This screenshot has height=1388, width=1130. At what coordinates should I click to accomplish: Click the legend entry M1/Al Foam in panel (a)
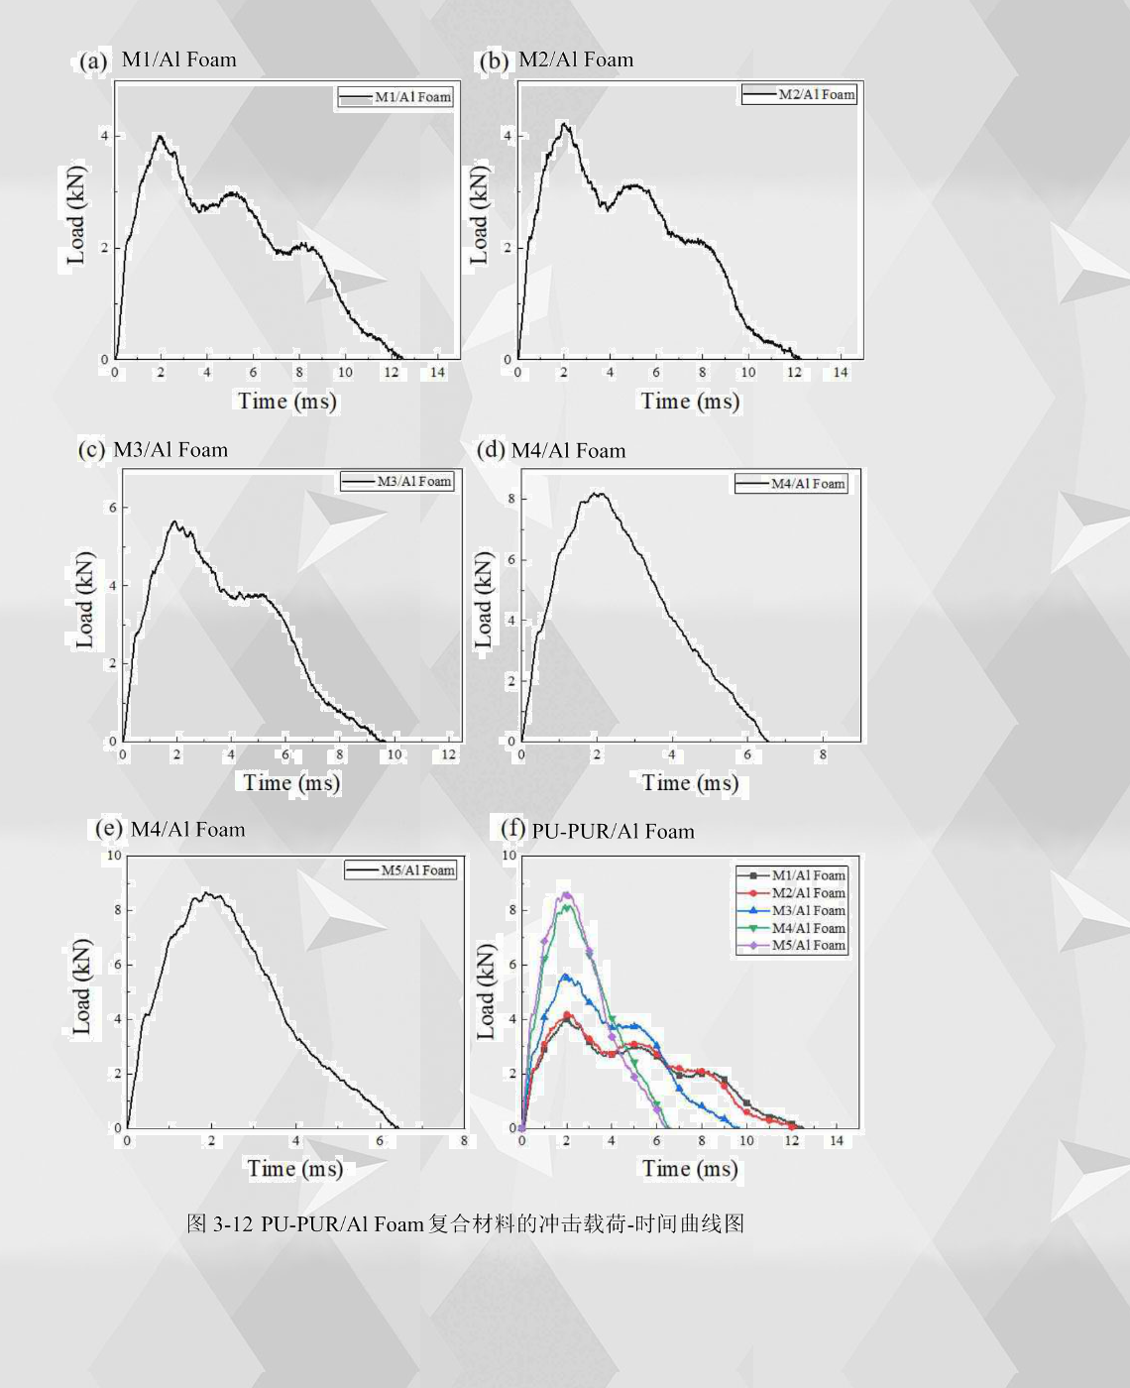click(396, 97)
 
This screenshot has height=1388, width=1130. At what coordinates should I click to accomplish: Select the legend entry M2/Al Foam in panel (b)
click(800, 94)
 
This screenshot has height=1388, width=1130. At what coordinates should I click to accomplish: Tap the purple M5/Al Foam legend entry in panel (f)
click(793, 946)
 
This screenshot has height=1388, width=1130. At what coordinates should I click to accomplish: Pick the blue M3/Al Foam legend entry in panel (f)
click(793, 910)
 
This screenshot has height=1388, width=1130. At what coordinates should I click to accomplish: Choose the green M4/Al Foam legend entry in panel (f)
click(793, 928)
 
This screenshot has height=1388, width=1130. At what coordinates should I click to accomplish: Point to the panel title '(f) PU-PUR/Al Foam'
click(598, 830)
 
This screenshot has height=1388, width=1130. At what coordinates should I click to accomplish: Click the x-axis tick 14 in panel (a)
click(437, 373)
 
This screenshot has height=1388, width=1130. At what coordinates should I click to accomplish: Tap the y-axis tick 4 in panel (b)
click(508, 135)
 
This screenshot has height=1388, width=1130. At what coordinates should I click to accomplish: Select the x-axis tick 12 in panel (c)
click(448, 754)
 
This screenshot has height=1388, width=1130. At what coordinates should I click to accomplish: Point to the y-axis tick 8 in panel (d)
click(511, 499)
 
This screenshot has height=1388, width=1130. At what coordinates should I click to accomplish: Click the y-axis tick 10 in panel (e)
click(114, 856)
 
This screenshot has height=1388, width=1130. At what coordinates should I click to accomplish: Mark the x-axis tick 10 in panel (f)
click(746, 1141)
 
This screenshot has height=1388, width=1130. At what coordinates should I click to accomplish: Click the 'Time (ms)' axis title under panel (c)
click(291, 783)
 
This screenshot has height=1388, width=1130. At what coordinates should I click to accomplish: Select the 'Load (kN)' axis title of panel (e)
click(82, 987)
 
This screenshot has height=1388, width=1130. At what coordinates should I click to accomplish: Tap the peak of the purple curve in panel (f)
click(566, 893)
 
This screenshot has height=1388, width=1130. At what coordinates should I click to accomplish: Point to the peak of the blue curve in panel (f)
click(566, 976)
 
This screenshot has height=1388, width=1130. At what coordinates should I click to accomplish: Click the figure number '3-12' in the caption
click(233, 1224)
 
